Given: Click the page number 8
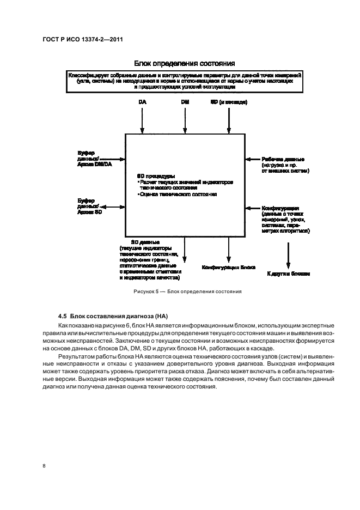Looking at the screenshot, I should [x=44, y=466].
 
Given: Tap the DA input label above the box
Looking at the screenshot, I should [x=142, y=102].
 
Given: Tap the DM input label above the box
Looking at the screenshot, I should [x=185, y=102].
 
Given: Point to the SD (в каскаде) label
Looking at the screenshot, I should [x=229, y=102].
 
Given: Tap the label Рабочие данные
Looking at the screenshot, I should [x=283, y=159].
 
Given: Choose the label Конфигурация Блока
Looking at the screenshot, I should [x=228, y=268].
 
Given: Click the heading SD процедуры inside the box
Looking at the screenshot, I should [x=156, y=176].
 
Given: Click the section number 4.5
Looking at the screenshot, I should [x=62, y=317].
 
